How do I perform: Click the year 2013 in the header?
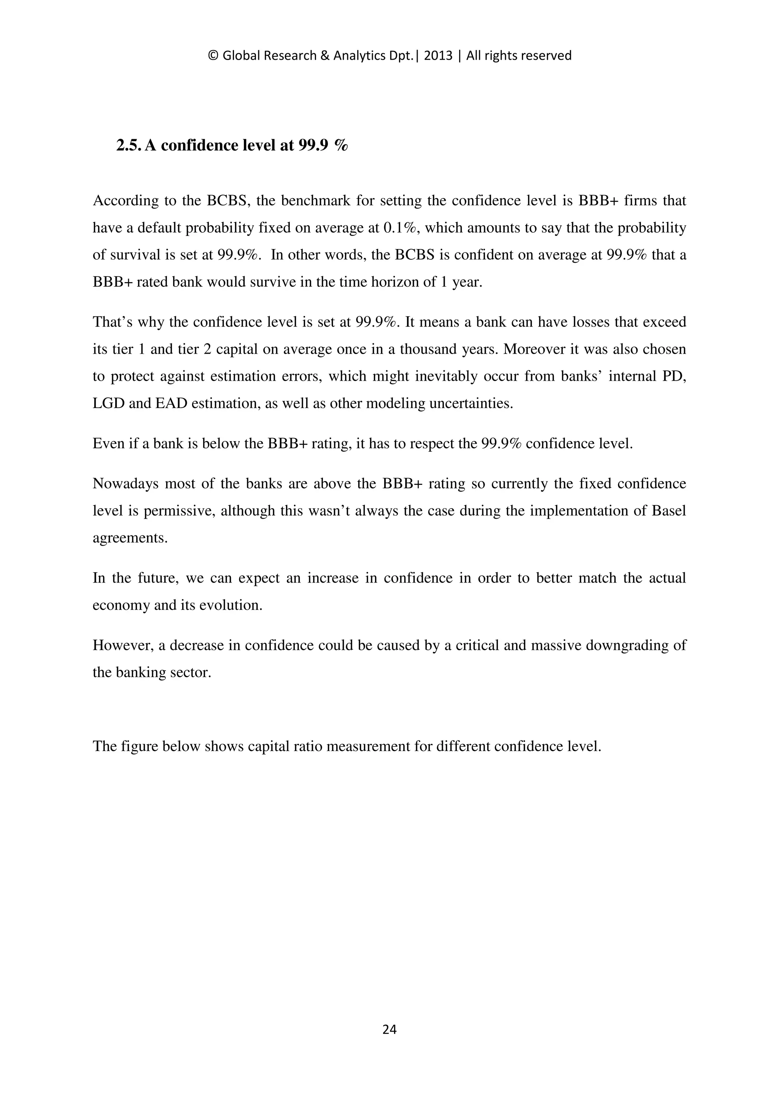tap(438, 56)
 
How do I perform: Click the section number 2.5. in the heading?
tap(129, 145)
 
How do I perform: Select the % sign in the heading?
tap(341, 145)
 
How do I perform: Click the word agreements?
tap(130, 538)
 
